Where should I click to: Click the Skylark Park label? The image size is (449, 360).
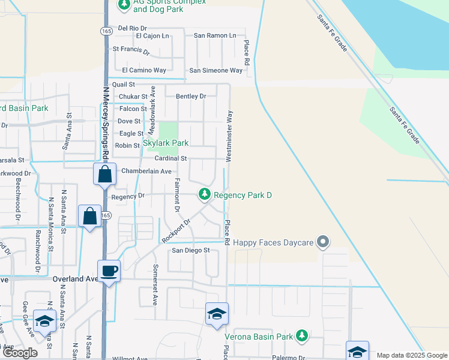pyautogui.click(x=165, y=143)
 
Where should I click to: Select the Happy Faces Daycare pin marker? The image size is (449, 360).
pyautogui.click(x=324, y=242)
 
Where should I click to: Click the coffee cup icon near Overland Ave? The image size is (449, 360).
pyautogui.click(x=109, y=271)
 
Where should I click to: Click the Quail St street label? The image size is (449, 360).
pyautogui.click(x=124, y=85)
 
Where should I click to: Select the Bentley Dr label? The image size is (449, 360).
pyautogui.click(x=191, y=96)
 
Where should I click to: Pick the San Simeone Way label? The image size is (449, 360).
pyautogui.click(x=216, y=70)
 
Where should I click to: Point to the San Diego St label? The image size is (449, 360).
pyautogui.click(x=191, y=250)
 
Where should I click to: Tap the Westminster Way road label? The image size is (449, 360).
pyautogui.click(x=229, y=136)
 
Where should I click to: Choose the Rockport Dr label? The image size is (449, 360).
pyautogui.click(x=175, y=230)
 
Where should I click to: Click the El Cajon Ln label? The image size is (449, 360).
pyautogui.click(x=153, y=36)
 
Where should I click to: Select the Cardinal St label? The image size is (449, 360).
pyautogui.click(x=171, y=158)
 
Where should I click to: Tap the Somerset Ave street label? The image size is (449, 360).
pyautogui.click(x=155, y=276)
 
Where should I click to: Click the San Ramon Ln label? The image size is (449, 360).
pyautogui.click(x=215, y=35)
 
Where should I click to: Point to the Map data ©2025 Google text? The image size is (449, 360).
pyautogui.click(x=412, y=355)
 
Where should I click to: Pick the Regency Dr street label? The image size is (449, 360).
pyautogui.click(x=128, y=196)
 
